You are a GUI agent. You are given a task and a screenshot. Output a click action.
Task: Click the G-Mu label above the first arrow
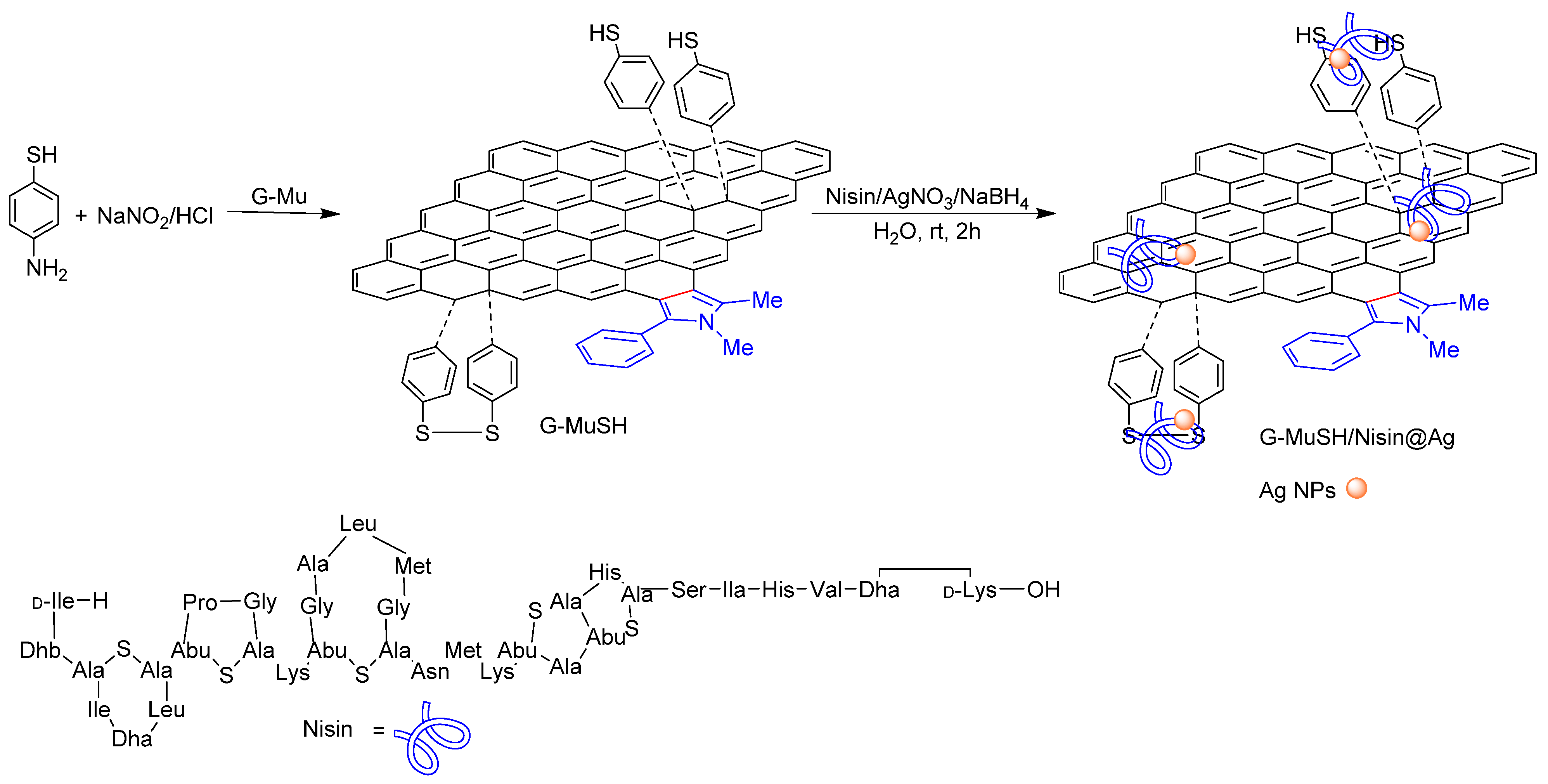[279, 197]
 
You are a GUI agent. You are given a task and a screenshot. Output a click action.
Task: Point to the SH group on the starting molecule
[42, 155]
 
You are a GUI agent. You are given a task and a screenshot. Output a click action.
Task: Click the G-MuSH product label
[583, 426]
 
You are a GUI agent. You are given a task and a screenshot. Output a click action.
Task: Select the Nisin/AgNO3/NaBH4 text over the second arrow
[926, 197]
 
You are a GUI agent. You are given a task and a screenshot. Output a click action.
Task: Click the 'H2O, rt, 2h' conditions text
[926, 231]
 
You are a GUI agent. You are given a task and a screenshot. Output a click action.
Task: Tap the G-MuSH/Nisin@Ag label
[1356, 437]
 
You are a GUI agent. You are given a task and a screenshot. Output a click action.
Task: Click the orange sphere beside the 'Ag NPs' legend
[1356, 488]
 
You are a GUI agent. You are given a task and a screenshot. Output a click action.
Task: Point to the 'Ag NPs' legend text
[1297, 491]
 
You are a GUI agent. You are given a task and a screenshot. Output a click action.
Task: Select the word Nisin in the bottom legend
[327, 729]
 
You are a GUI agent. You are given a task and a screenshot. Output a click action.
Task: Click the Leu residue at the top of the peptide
[358, 524]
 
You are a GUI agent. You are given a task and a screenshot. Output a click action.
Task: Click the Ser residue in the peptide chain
[688, 590]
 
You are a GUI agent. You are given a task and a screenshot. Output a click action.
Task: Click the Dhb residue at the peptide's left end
[40, 650]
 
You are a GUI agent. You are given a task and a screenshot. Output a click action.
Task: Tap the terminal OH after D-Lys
[1043, 590]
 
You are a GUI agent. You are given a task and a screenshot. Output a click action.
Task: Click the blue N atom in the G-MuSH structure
[707, 322]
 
